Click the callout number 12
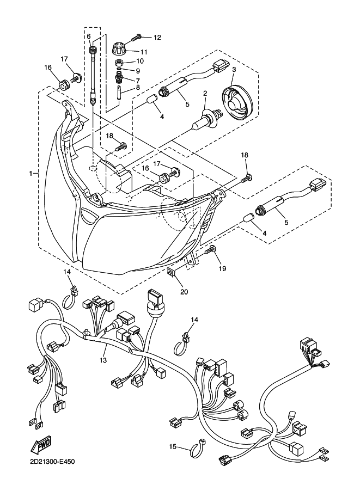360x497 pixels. [157, 38]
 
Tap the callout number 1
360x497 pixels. [31, 174]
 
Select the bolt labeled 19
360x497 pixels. [211, 251]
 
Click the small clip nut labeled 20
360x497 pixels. [172, 272]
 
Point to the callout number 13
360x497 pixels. [103, 360]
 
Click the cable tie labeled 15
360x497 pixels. [197, 448]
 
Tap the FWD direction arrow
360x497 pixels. [41, 444]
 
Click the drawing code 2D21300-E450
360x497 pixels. [51, 461]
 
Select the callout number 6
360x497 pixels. [89, 36]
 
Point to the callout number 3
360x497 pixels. [234, 69]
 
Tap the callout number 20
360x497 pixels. [184, 291]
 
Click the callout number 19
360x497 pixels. [222, 268]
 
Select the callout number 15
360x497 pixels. [173, 446]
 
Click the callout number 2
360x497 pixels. [205, 93]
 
